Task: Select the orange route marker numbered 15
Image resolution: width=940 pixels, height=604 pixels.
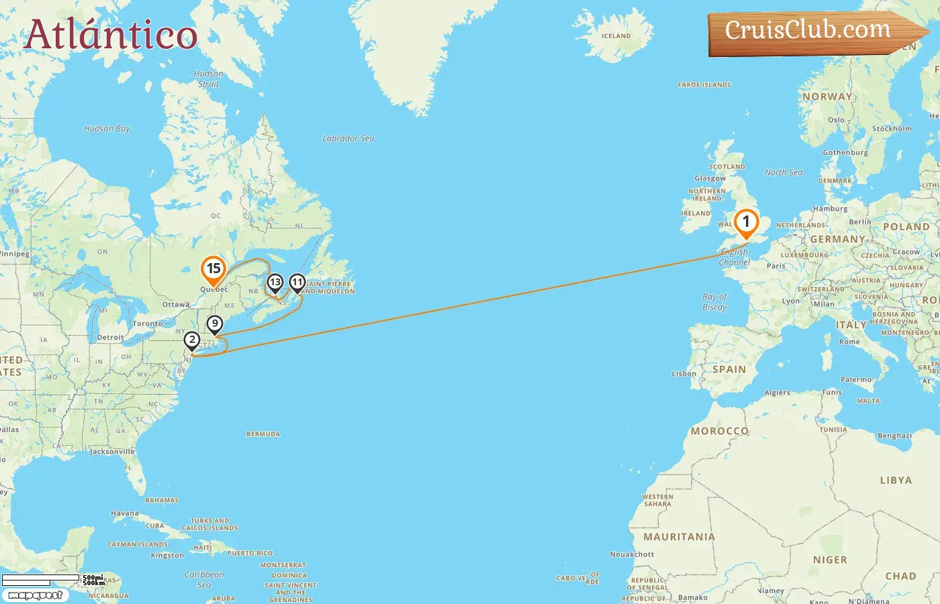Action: pyautogui.click(x=213, y=270)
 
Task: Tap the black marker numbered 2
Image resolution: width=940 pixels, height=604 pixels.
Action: pyautogui.click(x=192, y=340)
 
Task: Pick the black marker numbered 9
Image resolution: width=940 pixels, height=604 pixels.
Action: pyautogui.click(x=214, y=324)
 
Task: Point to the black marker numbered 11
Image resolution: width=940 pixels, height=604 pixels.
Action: pyautogui.click(x=297, y=283)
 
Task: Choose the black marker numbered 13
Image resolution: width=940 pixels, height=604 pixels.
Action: pyautogui.click(x=275, y=283)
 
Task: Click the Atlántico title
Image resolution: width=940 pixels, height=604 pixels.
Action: pyautogui.click(x=111, y=35)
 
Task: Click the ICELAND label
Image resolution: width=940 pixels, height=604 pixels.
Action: pyautogui.click(x=616, y=36)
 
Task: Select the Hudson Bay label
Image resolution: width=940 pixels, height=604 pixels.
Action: pyautogui.click(x=107, y=129)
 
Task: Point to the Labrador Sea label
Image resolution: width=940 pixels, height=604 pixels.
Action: pyautogui.click(x=348, y=138)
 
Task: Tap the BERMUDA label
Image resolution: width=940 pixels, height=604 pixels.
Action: pyautogui.click(x=263, y=434)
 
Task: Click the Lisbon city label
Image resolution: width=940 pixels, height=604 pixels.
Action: pyautogui.click(x=684, y=374)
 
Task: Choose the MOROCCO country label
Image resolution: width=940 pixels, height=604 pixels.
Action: pyautogui.click(x=719, y=431)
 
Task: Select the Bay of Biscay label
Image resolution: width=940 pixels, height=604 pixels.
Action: pyautogui.click(x=714, y=302)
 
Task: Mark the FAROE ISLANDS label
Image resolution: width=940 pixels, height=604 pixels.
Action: pyautogui.click(x=704, y=85)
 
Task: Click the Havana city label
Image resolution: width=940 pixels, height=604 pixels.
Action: pyautogui.click(x=125, y=513)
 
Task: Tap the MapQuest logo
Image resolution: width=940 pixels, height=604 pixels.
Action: pyautogui.click(x=35, y=595)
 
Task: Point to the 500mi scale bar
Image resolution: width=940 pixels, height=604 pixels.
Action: pyautogui.click(x=41, y=578)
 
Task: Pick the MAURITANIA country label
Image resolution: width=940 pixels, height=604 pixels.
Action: pyautogui.click(x=679, y=537)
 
